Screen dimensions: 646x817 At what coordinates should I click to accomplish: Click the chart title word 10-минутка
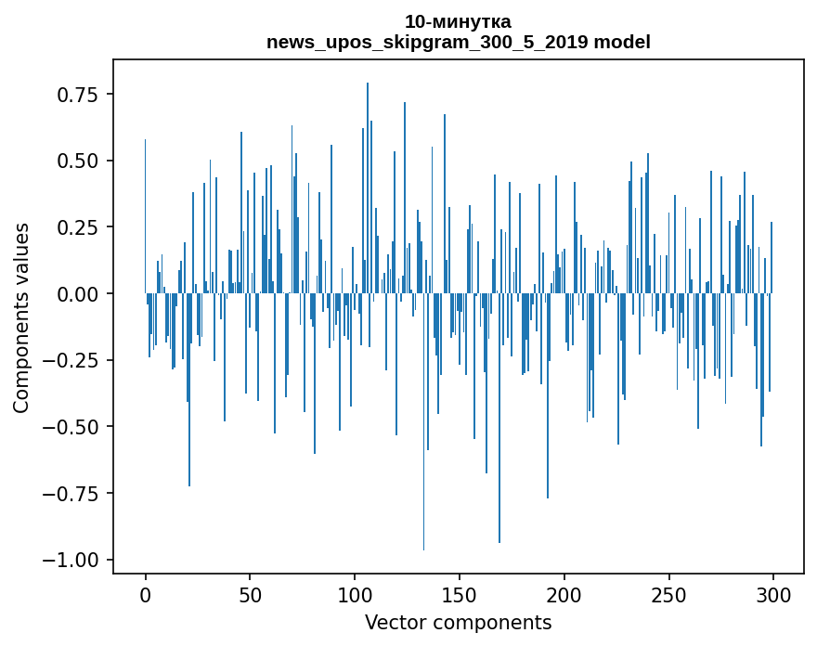click(x=458, y=21)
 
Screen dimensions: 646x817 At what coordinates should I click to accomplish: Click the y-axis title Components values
click(x=21, y=317)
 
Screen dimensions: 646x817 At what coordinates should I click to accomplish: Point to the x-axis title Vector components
click(x=458, y=623)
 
